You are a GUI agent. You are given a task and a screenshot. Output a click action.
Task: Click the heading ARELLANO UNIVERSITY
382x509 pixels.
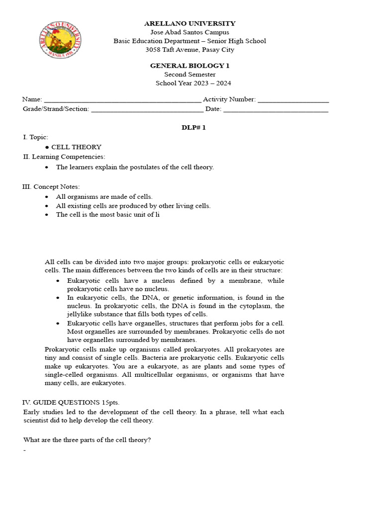click(x=190, y=23)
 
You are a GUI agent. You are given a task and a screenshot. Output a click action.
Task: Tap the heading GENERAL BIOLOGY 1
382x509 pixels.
click(x=190, y=66)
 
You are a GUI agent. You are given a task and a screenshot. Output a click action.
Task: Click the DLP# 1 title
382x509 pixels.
click(x=193, y=128)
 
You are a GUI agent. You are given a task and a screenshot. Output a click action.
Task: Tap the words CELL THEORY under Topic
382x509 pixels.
click(x=76, y=147)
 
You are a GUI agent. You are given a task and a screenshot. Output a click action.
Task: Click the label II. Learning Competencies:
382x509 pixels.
click(x=64, y=157)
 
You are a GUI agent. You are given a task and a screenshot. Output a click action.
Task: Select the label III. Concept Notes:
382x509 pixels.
click(x=51, y=186)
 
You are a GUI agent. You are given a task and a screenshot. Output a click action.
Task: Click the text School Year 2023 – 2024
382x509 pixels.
click(x=193, y=84)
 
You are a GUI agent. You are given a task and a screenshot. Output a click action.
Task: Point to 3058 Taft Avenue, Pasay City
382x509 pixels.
click(x=190, y=50)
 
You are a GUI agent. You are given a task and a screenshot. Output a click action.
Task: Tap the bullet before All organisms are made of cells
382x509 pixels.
click(x=47, y=197)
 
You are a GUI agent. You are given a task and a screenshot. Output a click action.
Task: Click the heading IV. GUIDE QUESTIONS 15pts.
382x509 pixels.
click(x=71, y=402)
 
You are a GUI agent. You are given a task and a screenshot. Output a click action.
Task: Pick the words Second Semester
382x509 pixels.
click(x=190, y=75)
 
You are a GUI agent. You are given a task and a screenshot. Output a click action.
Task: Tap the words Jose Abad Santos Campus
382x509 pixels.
click(x=190, y=32)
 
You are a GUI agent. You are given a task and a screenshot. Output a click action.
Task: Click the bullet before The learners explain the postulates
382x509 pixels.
click(x=47, y=168)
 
